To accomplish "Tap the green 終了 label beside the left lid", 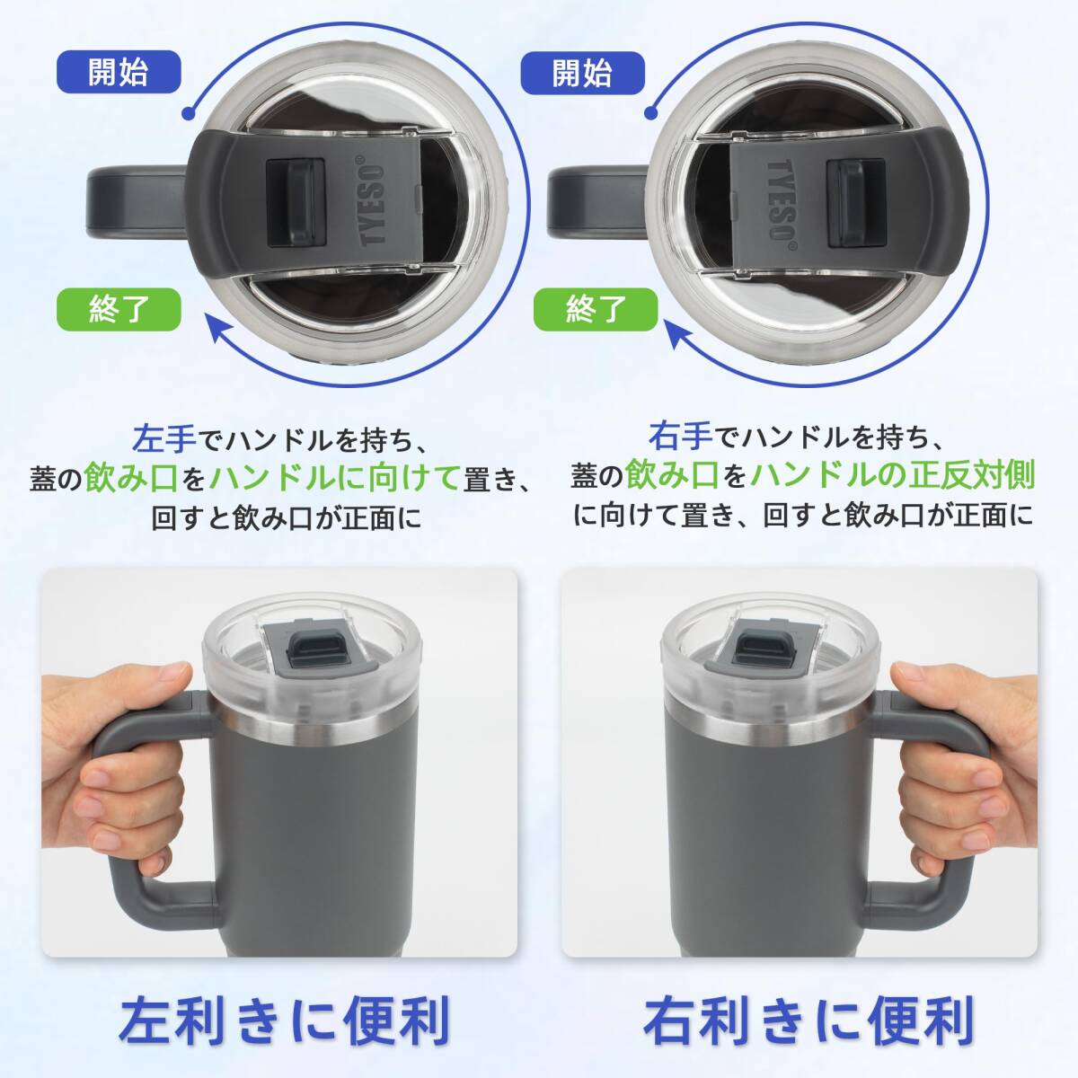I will [x=119, y=309].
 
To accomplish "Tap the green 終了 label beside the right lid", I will [x=596, y=309].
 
